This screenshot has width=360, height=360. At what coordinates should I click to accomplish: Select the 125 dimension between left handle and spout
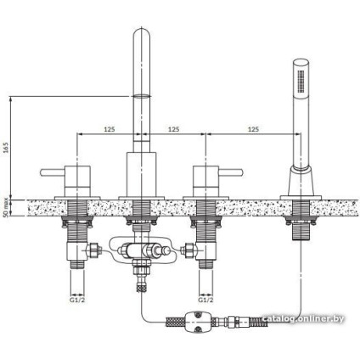pyautogui.click(x=109, y=128)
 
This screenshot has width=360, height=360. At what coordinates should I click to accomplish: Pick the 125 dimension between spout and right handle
pyautogui.click(x=172, y=128)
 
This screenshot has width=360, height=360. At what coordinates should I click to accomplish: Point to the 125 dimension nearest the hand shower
pyautogui.click(x=252, y=128)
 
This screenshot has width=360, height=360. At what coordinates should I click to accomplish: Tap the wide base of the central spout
pyautogui.click(x=141, y=173)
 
